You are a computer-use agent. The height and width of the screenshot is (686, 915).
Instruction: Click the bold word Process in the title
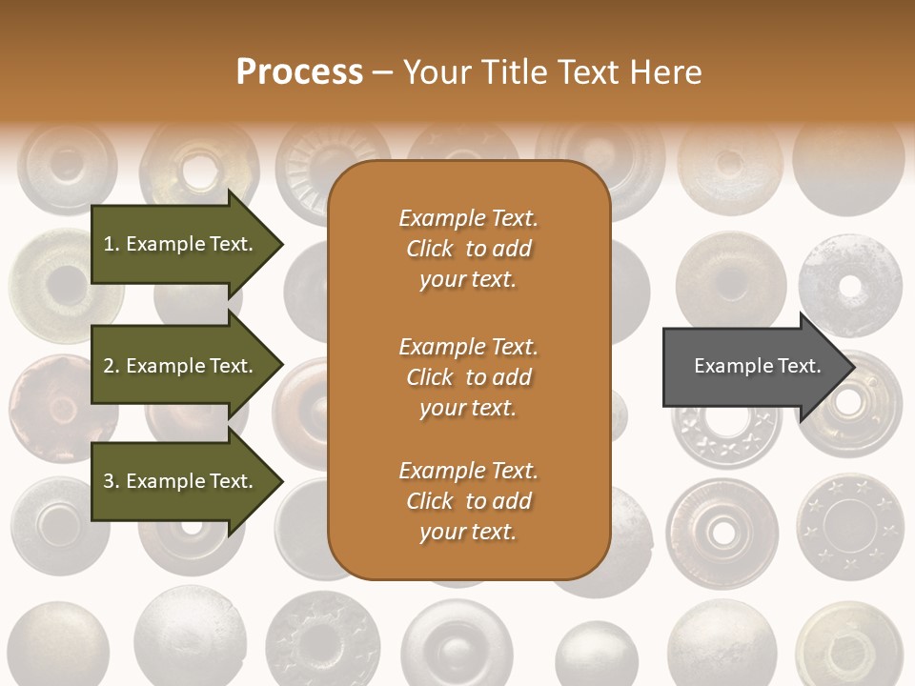(x=299, y=71)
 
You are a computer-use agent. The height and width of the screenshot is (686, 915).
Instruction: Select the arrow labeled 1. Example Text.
(x=181, y=244)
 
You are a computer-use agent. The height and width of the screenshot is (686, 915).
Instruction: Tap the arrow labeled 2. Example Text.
(x=181, y=366)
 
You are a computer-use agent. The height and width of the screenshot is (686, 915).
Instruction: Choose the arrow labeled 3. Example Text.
(x=181, y=481)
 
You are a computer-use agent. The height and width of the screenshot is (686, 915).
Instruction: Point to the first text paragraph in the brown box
(x=468, y=249)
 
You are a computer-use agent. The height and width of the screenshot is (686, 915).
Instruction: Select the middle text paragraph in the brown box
(x=468, y=376)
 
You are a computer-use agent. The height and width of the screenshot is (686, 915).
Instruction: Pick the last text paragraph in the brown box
(x=468, y=501)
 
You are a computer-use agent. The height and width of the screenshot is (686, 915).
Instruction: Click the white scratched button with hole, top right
(x=849, y=285)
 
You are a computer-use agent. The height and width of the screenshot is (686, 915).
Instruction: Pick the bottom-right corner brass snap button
(x=848, y=648)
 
